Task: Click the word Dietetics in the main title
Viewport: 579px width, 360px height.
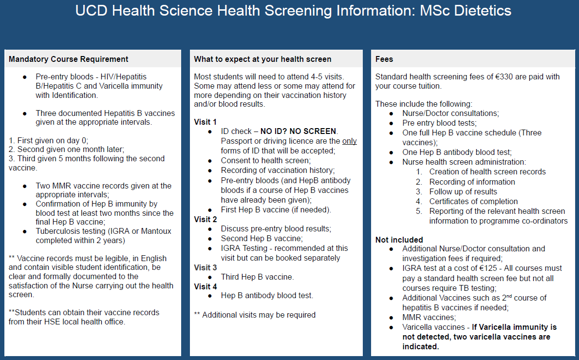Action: (483, 11)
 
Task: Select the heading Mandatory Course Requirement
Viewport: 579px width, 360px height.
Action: (69, 59)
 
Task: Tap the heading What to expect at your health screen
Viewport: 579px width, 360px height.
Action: (262, 59)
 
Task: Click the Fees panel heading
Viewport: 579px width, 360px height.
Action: (384, 59)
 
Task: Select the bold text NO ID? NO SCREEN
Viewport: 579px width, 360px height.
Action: (298, 131)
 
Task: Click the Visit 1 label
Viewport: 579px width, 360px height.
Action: (205, 121)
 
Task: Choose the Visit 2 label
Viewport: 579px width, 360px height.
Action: (205, 219)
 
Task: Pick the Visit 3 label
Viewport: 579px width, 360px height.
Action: (205, 267)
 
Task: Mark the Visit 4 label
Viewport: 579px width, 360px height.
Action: (205, 286)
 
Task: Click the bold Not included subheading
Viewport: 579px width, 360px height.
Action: (399, 240)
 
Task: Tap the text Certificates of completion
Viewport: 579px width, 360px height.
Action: (473, 201)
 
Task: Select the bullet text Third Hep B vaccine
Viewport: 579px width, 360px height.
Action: (257, 277)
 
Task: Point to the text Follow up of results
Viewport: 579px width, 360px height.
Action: (463, 191)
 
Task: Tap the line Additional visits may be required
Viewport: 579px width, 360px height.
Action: (255, 315)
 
